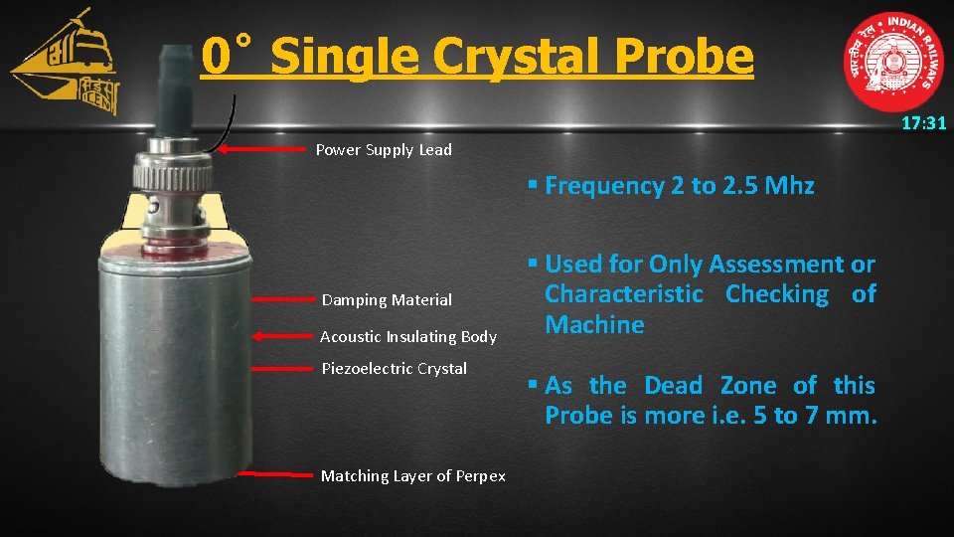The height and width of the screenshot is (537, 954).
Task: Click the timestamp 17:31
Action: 923,124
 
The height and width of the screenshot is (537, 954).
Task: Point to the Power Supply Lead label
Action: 384,150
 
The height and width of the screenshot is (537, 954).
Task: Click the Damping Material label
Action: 387,299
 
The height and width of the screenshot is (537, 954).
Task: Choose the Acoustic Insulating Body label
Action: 407,336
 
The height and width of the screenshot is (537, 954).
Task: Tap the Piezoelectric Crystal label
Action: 394,368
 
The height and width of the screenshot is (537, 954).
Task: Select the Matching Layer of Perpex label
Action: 412,475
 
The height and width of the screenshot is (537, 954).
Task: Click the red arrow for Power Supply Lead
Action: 262,150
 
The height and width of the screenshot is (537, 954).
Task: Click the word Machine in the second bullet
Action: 594,325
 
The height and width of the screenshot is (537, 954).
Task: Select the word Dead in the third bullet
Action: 673,385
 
